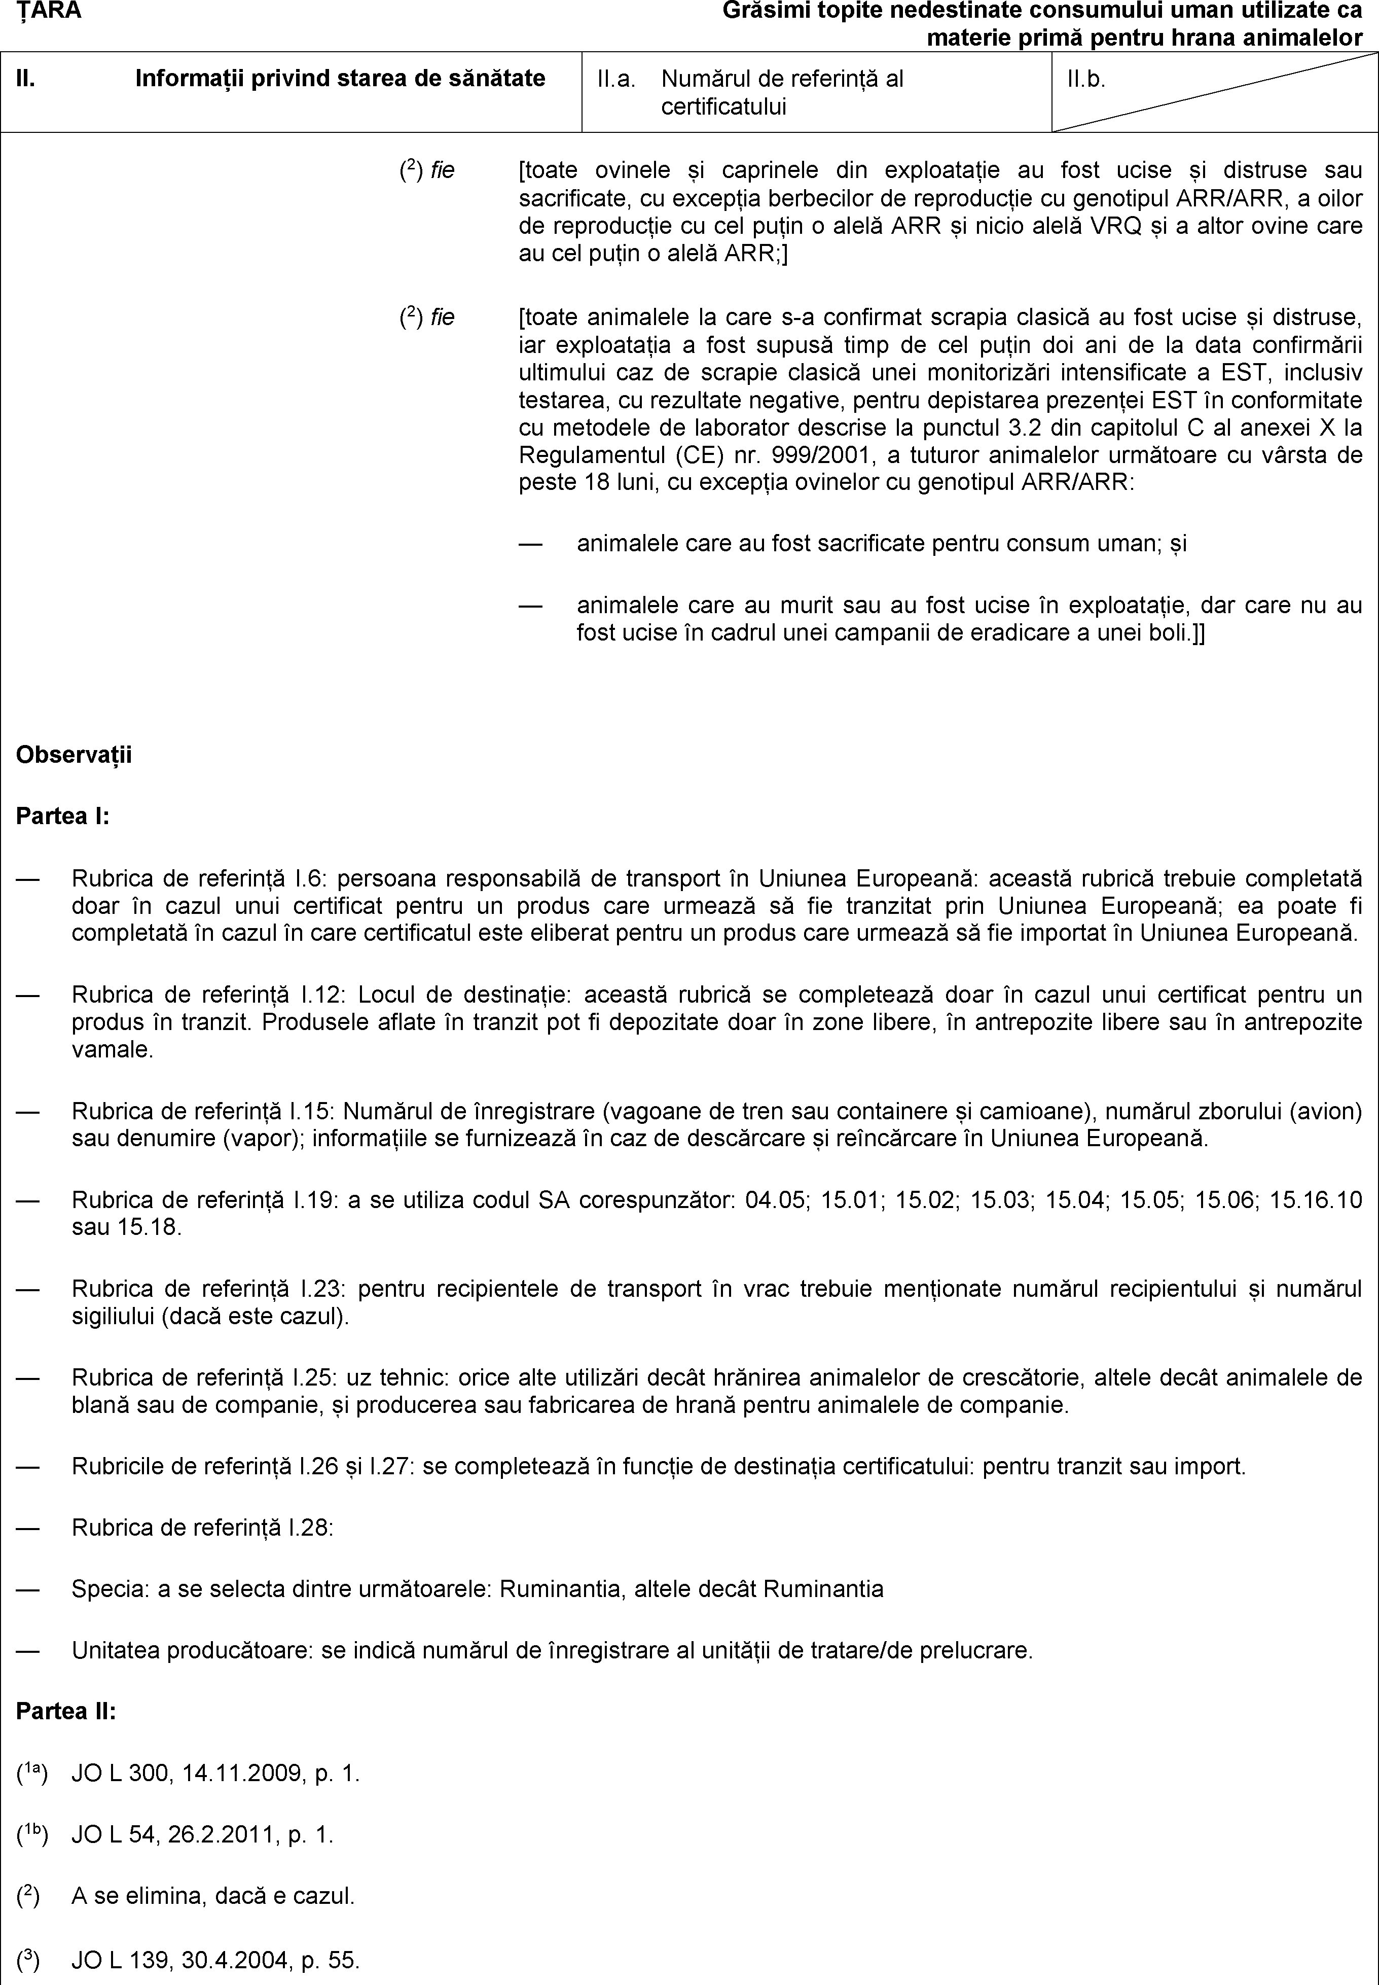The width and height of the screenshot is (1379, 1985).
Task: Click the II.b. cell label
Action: [x=1086, y=80]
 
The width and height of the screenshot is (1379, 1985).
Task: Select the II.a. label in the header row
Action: [x=616, y=80]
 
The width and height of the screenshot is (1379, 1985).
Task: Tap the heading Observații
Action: [x=75, y=755]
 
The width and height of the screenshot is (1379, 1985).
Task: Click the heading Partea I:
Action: [x=63, y=816]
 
